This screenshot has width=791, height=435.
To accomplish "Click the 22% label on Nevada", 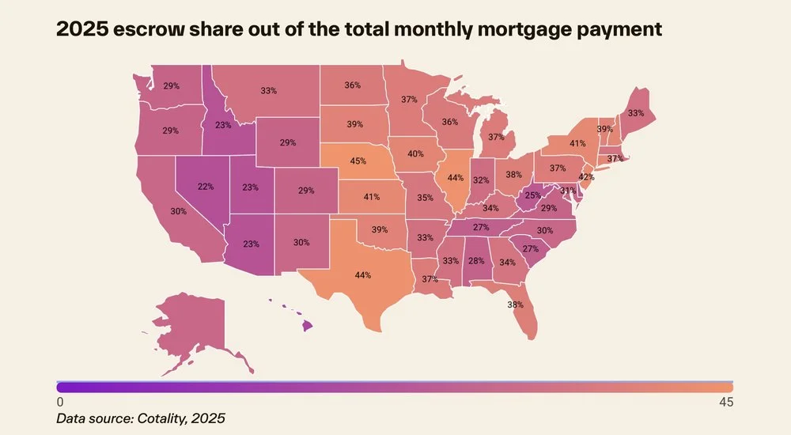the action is coord(206,187).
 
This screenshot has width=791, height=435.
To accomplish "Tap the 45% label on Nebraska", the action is coord(358,161).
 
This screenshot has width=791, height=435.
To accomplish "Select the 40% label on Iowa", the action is coord(415,154).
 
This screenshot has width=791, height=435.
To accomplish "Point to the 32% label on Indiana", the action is coord(481,180).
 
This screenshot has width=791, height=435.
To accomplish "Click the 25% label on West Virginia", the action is coord(532,195).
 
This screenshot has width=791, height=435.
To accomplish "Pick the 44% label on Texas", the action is coord(363,275).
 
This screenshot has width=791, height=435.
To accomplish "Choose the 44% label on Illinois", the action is coord(455,178).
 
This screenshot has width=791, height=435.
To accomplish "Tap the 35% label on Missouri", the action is coord(425,198).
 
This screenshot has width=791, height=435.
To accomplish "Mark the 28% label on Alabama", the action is coord(475,261).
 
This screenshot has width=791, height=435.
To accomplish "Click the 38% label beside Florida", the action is coord(515,304).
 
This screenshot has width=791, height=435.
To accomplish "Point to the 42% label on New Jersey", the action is coord(586,177).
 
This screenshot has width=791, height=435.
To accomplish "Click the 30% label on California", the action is coord(178,211).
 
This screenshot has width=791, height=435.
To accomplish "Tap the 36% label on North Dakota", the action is coord(352,85).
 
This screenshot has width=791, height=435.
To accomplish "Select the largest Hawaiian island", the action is coord(307,326).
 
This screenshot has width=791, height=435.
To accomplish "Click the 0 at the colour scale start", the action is coord(60,403).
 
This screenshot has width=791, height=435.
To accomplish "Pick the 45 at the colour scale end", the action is coord(726,403).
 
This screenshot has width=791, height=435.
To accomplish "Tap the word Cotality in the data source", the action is coord(161,418).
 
